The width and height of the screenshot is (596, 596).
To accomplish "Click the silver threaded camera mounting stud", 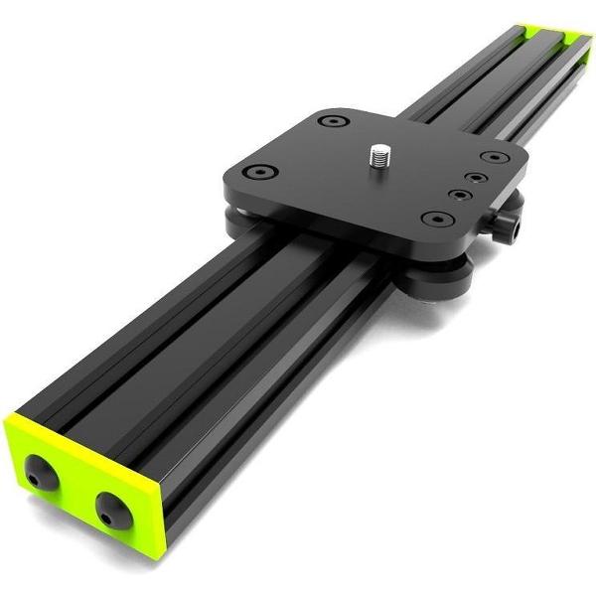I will click(x=378, y=155).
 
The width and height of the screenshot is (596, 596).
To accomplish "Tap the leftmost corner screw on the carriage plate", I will click(x=261, y=172).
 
